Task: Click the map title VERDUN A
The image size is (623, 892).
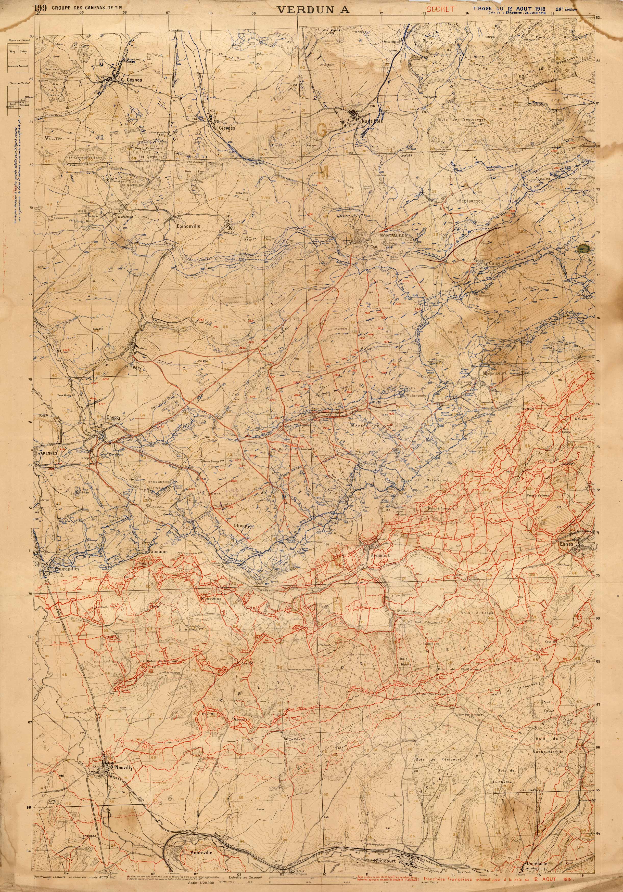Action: pyautogui.click(x=313, y=10)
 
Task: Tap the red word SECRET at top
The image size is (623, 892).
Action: pyautogui.click(x=440, y=10)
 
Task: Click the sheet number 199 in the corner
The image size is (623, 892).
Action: pyautogui.click(x=40, y=7)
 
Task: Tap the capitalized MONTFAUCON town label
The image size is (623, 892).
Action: pyautogui.click(x=392, y=236)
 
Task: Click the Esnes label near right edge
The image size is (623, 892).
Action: pyautogui.click(x=567, y=544)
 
